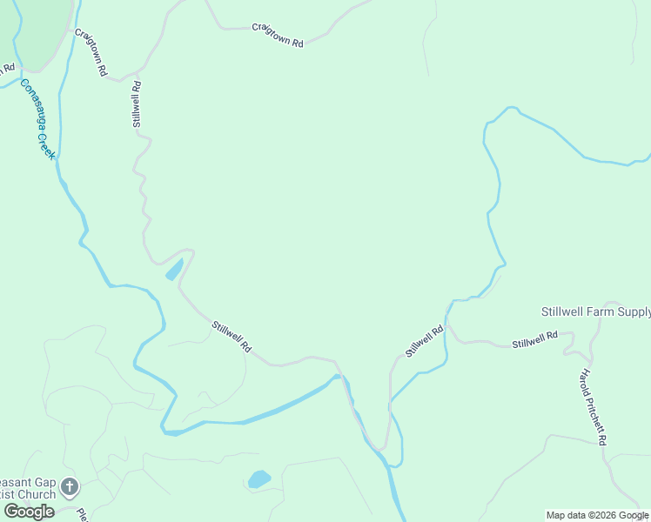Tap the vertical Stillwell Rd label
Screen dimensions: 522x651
click(x=137, y=105)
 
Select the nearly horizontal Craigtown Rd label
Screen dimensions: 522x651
click(x=277, y=36)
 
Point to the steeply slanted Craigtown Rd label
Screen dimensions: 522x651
click(x=91, y=52)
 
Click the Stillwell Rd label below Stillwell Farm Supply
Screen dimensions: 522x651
click(x=534, y=339)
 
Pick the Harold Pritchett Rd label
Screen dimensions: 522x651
click(x=593, y=405)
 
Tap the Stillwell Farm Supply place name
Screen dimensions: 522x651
click(x=595, y=311)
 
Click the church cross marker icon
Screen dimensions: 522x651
click(x=70, y=485)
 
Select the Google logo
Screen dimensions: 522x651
click(x=29, y=512)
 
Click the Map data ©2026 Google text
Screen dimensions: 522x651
click(x=597, y=515)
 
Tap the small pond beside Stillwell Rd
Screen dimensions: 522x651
click(x=174, y=270)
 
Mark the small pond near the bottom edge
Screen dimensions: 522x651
click(x=259, y=478)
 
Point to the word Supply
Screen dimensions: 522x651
click(x=634, y=311)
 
